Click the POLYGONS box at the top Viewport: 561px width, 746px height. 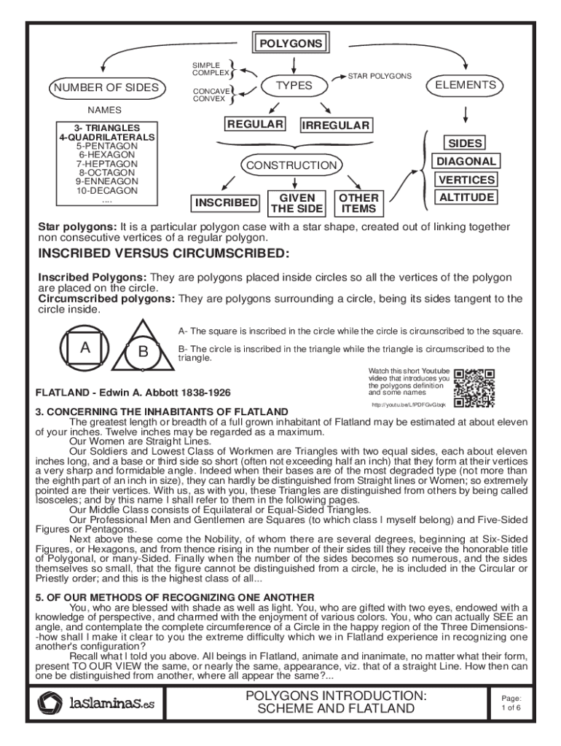coord(289,44)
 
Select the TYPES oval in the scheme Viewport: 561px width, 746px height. coord(294,86)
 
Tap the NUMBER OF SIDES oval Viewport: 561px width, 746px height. coord(105,88)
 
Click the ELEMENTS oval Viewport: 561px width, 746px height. coord(465,85)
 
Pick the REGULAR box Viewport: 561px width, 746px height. coord(254,125)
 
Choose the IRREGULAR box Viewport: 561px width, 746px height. coord(336,125)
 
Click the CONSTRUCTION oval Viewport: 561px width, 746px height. coord(291,165)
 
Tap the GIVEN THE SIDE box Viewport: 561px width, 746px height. coord(297,203)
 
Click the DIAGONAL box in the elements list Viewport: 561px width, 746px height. coord(466,161)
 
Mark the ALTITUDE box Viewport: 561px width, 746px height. coord(466,197)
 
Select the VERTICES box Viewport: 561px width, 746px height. coord(466,179)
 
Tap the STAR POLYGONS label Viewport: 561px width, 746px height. coord(379,76)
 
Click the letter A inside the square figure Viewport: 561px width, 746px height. coord(85,348)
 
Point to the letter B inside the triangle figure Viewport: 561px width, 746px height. coord(143,351)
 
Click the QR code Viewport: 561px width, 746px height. coord(474,388)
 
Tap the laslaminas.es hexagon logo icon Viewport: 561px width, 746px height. coord(52,704)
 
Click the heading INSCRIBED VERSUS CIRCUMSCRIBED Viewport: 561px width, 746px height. coord(163,254)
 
